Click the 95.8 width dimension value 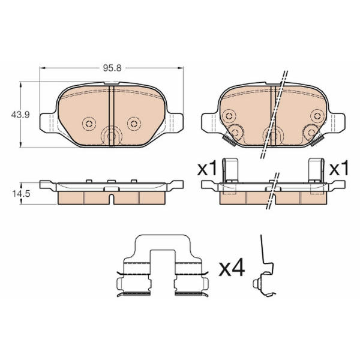112,68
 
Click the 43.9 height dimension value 20,115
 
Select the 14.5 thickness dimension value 21,194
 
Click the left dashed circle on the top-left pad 89,124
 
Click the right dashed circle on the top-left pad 134,124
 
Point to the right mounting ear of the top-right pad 337,122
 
